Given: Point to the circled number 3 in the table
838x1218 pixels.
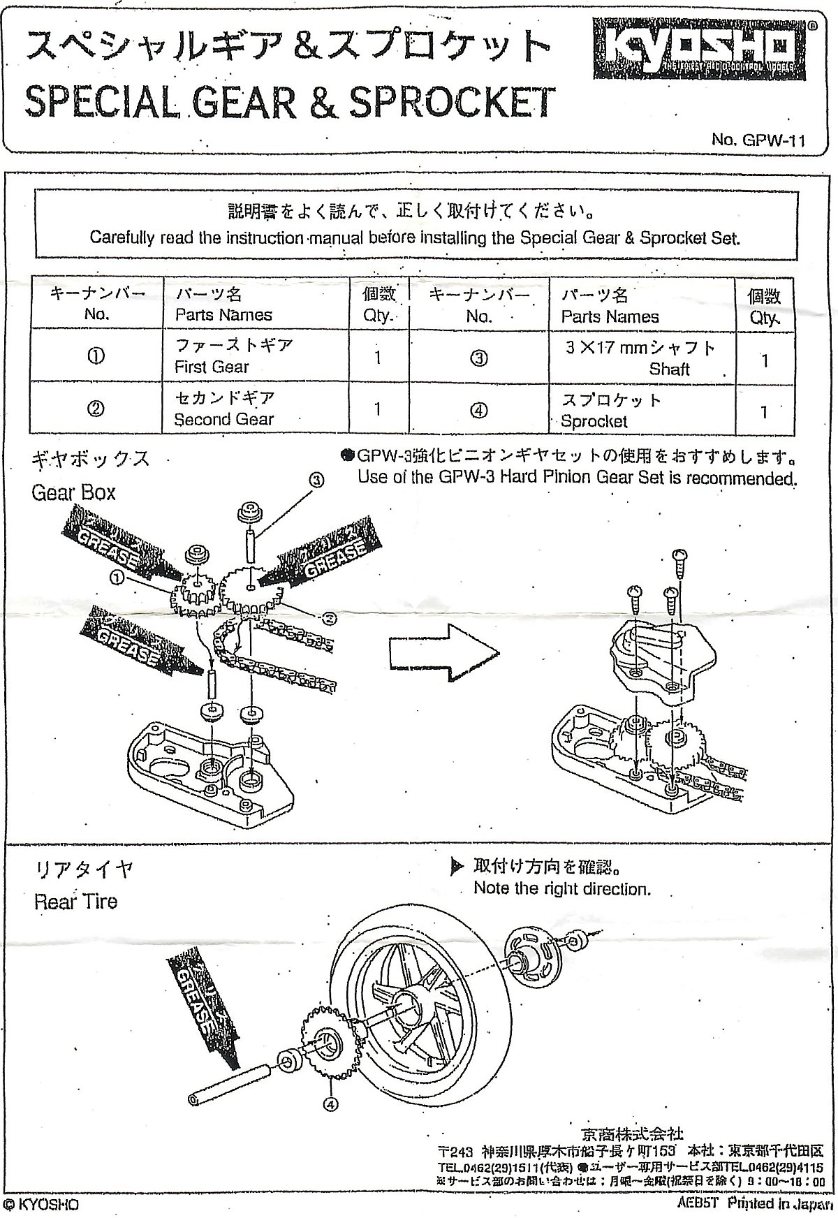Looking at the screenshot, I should coord(478,358).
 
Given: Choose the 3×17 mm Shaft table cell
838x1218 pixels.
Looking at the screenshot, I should coord(640,358).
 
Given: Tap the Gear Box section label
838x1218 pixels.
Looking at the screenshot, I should coord(73,492).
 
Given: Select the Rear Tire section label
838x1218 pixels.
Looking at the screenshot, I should coord(75,901).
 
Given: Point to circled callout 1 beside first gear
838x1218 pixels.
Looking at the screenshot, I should coord(116,578).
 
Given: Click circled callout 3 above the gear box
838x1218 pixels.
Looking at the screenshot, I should coord(317,480).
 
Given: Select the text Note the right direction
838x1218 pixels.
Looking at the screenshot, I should coord(561,888).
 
